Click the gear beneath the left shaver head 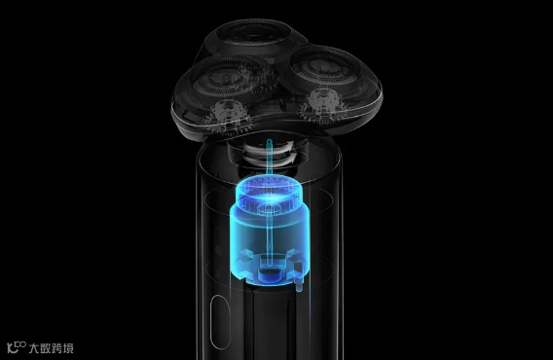tap(229, 118)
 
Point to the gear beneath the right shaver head tap(321, 106)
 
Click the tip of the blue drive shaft tap(270, 141)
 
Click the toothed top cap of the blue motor tap(270, 193)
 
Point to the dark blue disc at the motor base tap(270, 274)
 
